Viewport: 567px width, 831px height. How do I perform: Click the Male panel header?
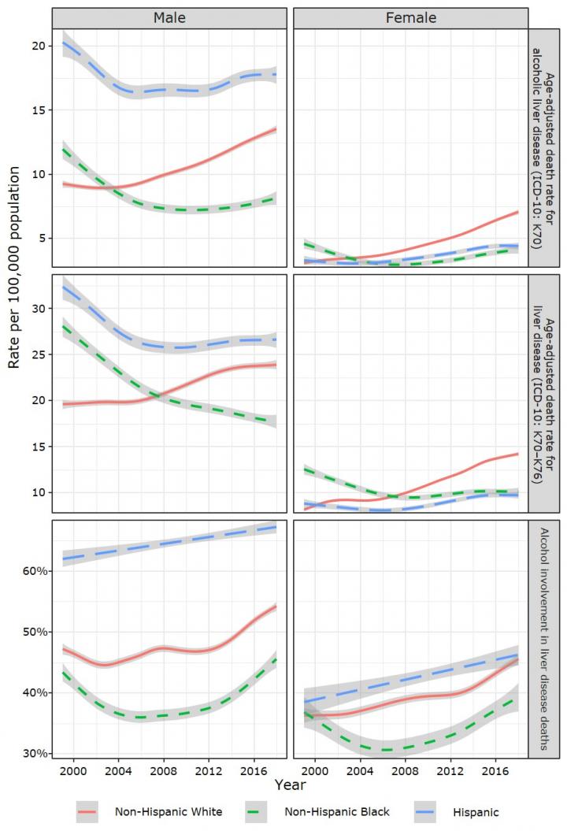[x=169, y=17]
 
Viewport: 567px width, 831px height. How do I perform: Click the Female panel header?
[x=410, y=17]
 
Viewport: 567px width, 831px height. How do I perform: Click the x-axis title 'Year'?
[x=290, y=785]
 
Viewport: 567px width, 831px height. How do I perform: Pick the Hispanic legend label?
[x=476, y=811]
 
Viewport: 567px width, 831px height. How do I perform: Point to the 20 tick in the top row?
[x=38, y=46]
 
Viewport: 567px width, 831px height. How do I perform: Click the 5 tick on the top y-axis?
[x=41, y=238]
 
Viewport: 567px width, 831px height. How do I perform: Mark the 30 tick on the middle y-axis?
[x=38, y=308]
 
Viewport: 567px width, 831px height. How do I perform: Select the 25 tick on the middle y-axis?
[x=38, y=354]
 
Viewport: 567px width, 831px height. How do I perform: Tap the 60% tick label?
[x=35, y=570]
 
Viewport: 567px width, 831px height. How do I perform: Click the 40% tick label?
[x=35, y=692]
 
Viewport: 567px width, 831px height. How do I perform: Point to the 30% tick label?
[x=35, y=753]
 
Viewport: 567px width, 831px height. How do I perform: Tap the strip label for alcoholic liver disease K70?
[x=543, y=149]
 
